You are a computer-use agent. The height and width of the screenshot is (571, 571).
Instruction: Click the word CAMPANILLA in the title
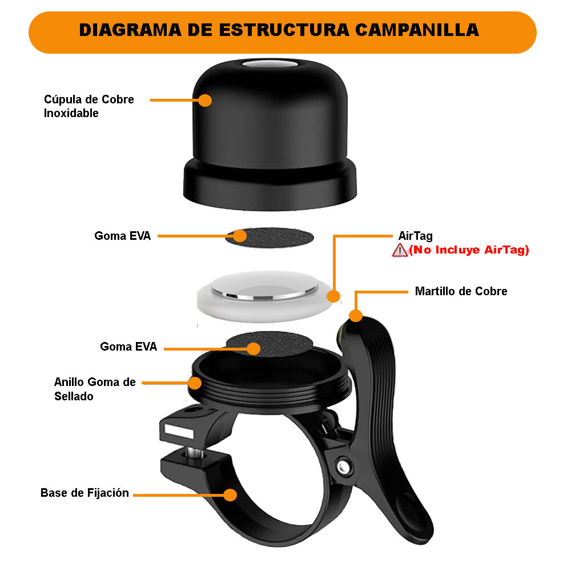tap(417, 30)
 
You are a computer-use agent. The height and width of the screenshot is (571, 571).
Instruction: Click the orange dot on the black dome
tap(205, 100)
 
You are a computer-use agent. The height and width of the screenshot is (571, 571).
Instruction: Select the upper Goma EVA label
tap(122, 236)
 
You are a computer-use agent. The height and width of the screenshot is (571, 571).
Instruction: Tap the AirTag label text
tap(415, 236)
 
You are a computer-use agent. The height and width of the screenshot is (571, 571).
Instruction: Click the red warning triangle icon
tap(400, 250)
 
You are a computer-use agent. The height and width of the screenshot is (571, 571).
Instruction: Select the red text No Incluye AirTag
tap(469, 250)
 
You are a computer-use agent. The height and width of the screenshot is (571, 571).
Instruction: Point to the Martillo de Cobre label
tap(461, 291)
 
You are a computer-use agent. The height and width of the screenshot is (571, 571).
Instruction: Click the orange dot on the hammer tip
tap(356, 315)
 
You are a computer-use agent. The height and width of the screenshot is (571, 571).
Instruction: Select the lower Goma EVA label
tap(128, 347)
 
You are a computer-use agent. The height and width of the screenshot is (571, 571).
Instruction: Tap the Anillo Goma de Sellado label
tap(94, 389)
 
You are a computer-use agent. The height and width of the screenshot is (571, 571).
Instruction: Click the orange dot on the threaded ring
tap(195, 383)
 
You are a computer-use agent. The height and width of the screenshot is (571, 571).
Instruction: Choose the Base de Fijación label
tap(85, 493)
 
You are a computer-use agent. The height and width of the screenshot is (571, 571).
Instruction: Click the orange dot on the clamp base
tap(230, 494)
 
